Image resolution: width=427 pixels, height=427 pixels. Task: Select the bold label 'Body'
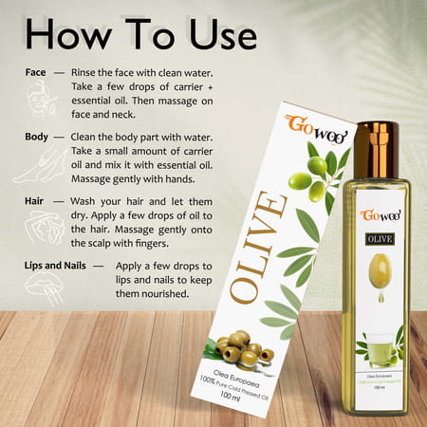tap(40, 137)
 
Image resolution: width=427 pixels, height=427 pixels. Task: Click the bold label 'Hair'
tap(39, 202)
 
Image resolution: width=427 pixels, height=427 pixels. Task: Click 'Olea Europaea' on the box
tap(248, 370)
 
